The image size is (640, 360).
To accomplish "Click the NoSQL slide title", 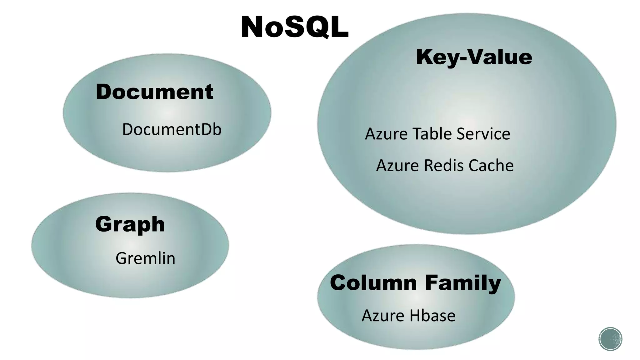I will coord(294,27).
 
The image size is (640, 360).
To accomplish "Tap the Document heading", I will coord(154,92).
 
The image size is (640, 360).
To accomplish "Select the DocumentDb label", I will coord(172,129).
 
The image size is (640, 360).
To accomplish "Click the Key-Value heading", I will coord(474,57).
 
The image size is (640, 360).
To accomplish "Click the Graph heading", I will coord(130,224).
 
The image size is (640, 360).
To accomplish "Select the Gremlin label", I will coord(145,258).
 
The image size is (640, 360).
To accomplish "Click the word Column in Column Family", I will coord(373,283).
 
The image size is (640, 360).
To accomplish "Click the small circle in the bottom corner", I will coord(610,339).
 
